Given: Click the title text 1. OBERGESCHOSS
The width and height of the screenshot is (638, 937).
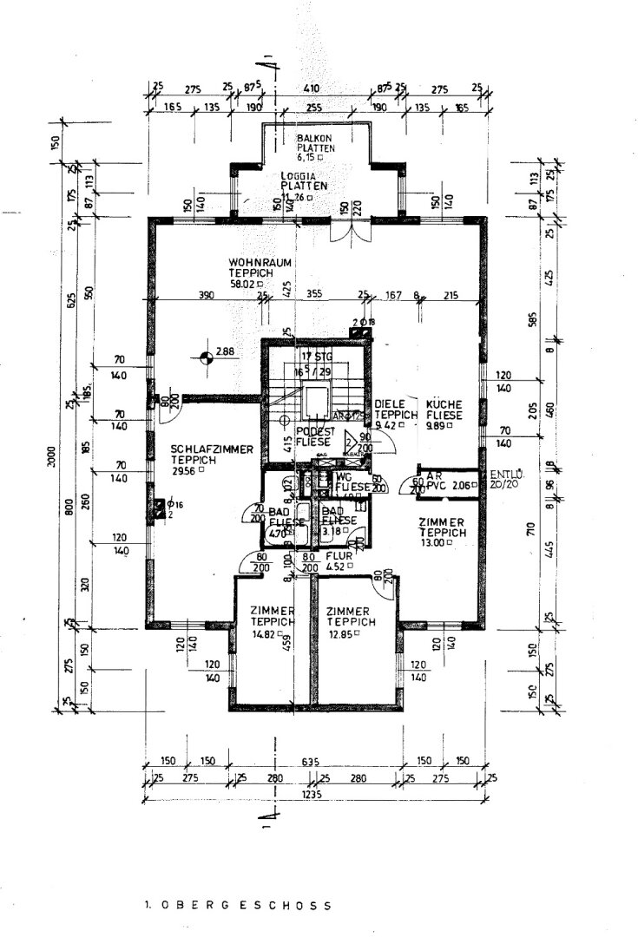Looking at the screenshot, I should [x=238, y=904].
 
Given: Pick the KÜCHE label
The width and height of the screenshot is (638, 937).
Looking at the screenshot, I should [x=443, y=404].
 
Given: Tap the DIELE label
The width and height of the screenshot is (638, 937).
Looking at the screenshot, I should [x=391, y=404].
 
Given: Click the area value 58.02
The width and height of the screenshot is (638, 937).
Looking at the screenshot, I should [x=247, y=283].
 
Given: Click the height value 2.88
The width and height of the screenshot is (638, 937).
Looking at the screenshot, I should [x=226, y=351].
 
